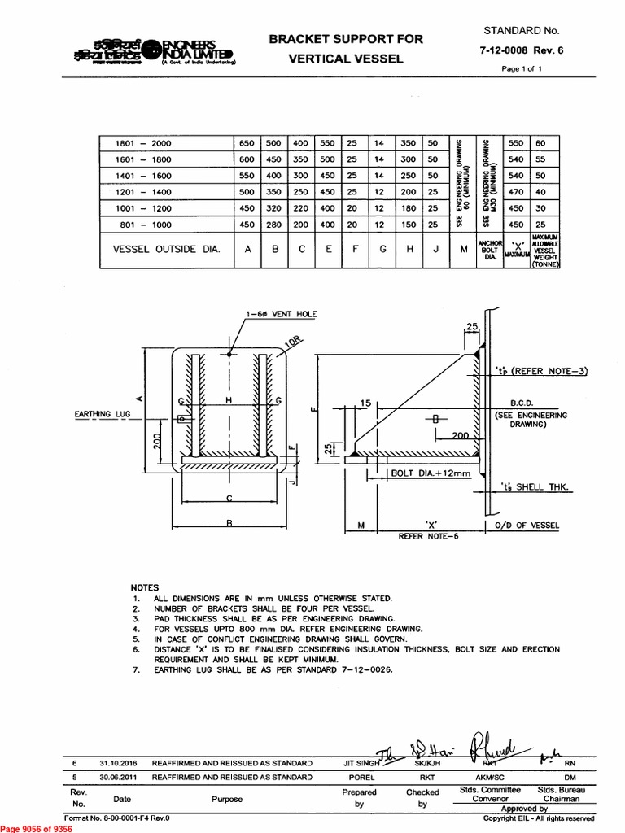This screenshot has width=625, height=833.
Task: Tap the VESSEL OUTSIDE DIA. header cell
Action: click(160, 251)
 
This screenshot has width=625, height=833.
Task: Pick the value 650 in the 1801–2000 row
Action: click(247, 143)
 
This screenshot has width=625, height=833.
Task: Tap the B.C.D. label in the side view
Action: click(521, 403)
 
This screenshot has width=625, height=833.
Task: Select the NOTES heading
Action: click(146, 587)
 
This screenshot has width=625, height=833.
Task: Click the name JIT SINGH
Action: click(359, 764)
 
